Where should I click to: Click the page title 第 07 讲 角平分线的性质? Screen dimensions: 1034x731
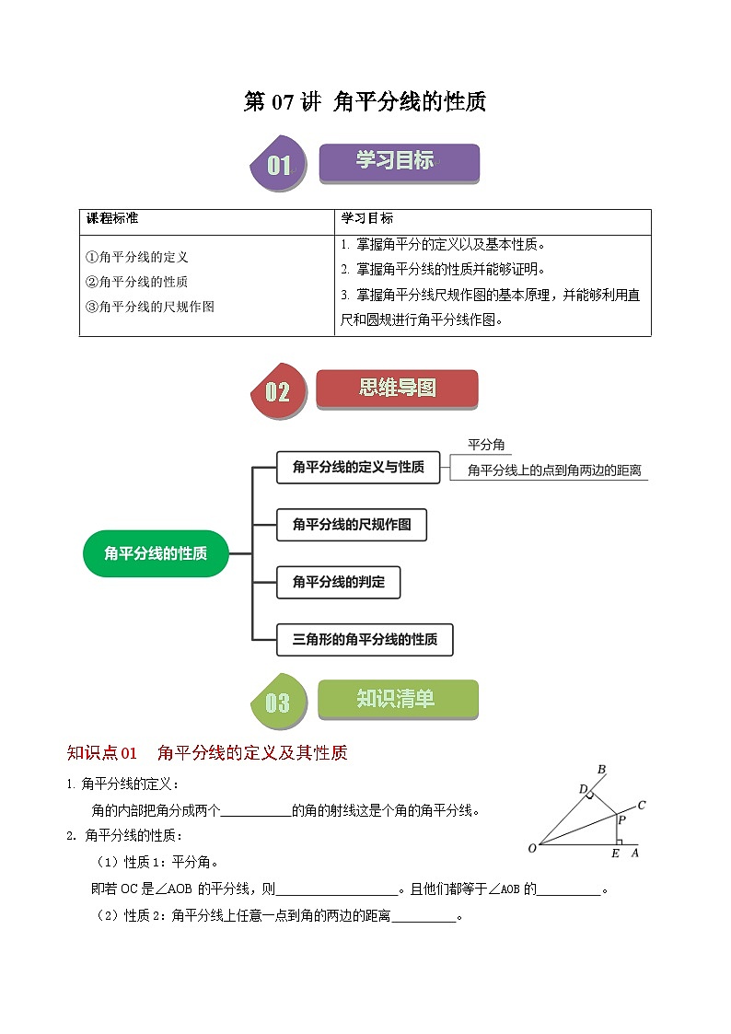click(365, 102)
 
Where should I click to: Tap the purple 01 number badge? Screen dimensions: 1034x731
click(278, 165)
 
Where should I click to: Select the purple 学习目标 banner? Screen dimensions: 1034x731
click(399, 162)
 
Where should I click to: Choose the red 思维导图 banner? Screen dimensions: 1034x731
click(397, 389)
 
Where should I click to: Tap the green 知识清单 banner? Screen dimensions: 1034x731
click(398, 700)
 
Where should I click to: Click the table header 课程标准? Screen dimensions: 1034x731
click(112, 219)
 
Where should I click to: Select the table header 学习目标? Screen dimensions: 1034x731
click(367, 219)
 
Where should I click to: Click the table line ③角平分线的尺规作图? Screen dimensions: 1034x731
click(149, 307)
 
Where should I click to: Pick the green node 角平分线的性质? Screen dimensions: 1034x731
click(156, 553)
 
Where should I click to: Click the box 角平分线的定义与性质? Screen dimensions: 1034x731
click(358, 468)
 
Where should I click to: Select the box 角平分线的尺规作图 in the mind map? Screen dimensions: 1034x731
click(352, 525)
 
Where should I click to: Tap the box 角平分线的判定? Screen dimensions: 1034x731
click(339, 582)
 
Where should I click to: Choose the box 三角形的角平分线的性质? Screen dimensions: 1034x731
click(365, 639)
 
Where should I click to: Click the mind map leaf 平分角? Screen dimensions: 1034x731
click(486, 445)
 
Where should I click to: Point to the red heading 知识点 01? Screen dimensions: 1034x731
click(102, 753)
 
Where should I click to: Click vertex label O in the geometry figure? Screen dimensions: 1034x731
click(532, 848)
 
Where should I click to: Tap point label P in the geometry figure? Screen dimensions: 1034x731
click(621, 819)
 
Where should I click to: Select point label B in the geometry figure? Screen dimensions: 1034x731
click(601, 770)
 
